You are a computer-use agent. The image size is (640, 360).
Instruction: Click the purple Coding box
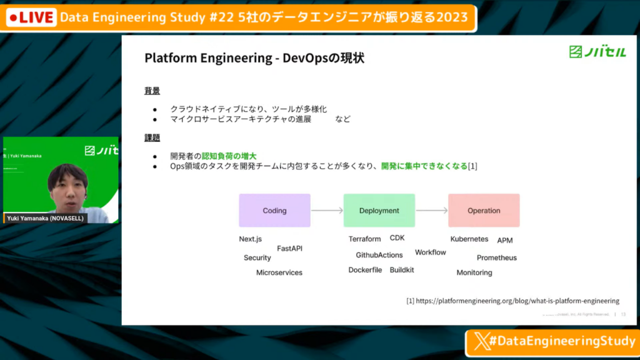pos(274,211)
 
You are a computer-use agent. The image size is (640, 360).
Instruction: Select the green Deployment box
pos(379,211)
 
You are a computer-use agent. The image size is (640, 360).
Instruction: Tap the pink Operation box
pos(484,211)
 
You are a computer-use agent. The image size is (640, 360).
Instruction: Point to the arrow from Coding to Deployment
pos(327,211)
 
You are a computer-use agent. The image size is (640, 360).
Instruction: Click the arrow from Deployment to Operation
pos(431,211)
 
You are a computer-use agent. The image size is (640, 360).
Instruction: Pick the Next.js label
pos(250,239)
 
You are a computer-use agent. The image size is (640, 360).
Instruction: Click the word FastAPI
pos(289,248)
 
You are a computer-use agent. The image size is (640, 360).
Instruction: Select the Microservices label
pos(279,272)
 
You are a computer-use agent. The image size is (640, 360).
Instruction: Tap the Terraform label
pos(364,239)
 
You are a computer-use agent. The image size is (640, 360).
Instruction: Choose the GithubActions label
pos(379,255)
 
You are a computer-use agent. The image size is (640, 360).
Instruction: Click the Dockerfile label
pos(365,270)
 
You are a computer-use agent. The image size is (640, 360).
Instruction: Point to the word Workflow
pos(431,252)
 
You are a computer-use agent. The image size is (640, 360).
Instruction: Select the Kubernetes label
pos(469,239)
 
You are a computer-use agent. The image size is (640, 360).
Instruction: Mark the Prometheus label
pos(497,257)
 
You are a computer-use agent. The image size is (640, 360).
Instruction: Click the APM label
pos(505,241)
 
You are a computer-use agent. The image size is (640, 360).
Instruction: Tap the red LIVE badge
pos(31,17)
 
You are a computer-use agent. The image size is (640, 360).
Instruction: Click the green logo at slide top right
pos(597,52)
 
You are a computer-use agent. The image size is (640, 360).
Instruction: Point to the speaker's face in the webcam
pos(67,185)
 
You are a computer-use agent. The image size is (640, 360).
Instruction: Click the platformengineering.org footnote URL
pos(512,301)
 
